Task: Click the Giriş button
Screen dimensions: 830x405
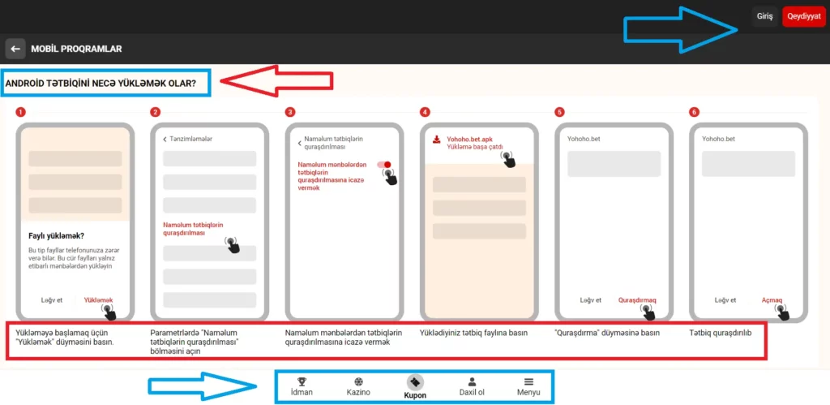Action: pyautogui.click(x=765, y=16)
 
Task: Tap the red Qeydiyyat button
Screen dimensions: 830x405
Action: pyautogui.click(x=803, y=16)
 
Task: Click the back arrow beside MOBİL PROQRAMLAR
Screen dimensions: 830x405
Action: pyautogui.click(x=15, y=49)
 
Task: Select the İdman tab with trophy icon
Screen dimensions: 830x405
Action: pyautogui.click(x=302, y=387)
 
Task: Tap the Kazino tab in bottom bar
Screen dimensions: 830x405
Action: pyautogui.click(x=358, y=387)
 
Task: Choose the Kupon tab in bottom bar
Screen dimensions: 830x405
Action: pyautogui.click(x=415, y=387)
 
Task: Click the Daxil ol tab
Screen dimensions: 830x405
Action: pyautogui.click(x=472, y=387)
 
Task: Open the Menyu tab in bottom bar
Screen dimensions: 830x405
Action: pyautogui.click(x=528, y=387)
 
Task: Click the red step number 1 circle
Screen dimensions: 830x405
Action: pyautogui.click(x=20, y=112)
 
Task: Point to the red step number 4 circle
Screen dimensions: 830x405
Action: pyautogui.click(x=425, y=112)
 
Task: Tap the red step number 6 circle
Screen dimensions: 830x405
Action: pyautogui.click(x=694, y=112)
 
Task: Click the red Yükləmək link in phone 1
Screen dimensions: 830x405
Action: pyautogui.click(x=98, y=299)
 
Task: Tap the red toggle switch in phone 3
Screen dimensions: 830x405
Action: pyautogui.click(x=383, y=165)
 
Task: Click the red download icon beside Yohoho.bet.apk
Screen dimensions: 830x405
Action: pyautogui.click(x=437, y=140)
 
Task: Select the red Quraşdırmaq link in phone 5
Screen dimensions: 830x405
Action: pyautogui.click(x=637, y=300)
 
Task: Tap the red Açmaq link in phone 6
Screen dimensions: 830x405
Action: pyautogui.click(x=772, y=300)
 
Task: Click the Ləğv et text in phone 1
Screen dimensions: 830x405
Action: pyautogui.click(x=52, y=299)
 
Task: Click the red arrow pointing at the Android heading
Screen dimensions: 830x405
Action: pyautogui.click(x=276, y=80)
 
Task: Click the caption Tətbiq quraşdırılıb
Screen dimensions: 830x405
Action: pyautogui.click(x=721, y=333)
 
